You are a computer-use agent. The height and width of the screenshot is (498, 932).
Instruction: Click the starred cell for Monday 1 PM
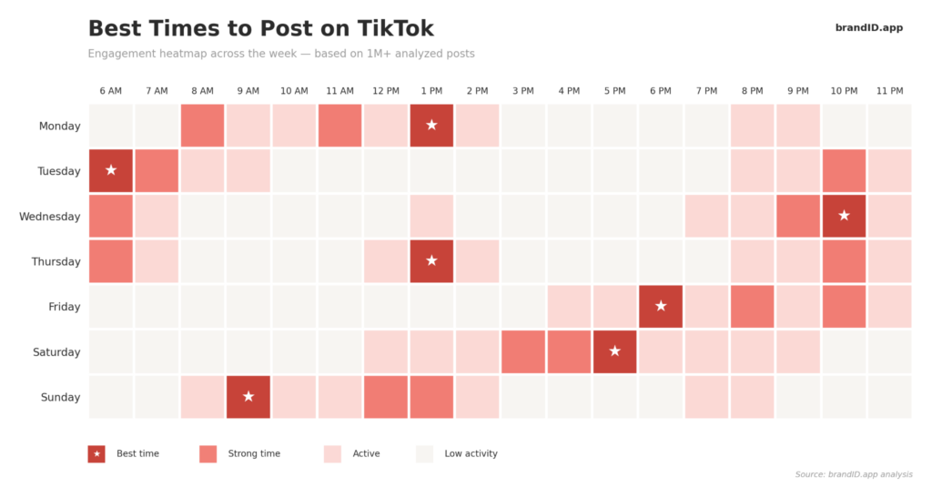click(431, 126)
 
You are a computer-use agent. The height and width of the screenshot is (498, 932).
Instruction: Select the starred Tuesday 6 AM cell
click(111, 170)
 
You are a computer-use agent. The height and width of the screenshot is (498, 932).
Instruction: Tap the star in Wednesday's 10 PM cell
click(844, 216)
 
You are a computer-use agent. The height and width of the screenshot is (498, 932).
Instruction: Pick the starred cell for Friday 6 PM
click(661, 306)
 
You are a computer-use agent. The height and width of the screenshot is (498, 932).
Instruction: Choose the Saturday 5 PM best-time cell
click(614, 351)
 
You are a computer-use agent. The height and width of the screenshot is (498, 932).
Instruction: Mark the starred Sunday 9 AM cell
click(248, 397)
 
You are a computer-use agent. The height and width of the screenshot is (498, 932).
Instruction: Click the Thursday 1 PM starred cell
click(431, 261)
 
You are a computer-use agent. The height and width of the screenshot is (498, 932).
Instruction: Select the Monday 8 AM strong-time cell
click(202, 126)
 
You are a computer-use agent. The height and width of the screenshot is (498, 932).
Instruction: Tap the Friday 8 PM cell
click(752, 306)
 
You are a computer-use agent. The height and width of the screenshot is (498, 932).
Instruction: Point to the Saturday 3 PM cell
click(523, 351)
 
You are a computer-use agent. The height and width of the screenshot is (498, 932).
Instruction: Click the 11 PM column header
click(889, 91)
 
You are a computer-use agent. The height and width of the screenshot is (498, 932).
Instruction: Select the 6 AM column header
click(111, 91)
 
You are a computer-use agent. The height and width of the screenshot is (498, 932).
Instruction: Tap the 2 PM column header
click(477, 91)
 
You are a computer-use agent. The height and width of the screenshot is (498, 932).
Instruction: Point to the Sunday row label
click(59, 398)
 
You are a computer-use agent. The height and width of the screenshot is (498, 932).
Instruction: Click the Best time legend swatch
click(96, 453)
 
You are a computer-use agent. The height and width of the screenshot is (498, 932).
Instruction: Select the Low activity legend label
click(471, 453)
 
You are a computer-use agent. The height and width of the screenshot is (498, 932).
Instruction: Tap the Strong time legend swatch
click(208, 453)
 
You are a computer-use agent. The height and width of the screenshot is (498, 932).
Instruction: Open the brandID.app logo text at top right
click(868, 28)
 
